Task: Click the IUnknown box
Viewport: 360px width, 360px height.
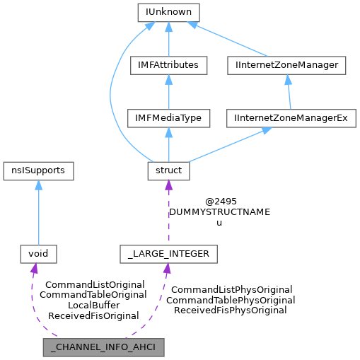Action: [168, 12]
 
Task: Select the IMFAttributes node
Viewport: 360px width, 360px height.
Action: [168, 65]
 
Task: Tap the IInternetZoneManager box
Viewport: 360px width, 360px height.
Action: [287, 65]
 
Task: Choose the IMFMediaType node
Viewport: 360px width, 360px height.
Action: [168, 118]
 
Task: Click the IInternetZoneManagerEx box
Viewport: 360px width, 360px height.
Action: [290, 118]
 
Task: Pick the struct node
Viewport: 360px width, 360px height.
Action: [168, 170]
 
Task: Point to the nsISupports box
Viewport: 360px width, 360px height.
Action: [38, 170]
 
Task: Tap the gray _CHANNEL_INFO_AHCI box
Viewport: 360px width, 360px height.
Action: [103, 347]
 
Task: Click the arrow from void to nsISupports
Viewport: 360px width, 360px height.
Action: [38, 212]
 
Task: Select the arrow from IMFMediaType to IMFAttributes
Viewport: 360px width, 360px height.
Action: [168, 92]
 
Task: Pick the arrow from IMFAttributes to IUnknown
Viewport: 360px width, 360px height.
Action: [168, 39]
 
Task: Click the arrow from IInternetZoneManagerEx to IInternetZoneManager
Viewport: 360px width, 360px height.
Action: [289, 92]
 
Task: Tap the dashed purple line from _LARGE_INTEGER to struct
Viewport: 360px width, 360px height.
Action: [168, 212]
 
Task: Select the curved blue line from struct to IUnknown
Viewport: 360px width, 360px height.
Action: [112, 92]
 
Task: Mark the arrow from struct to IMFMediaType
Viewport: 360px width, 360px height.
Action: [168, 144]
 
